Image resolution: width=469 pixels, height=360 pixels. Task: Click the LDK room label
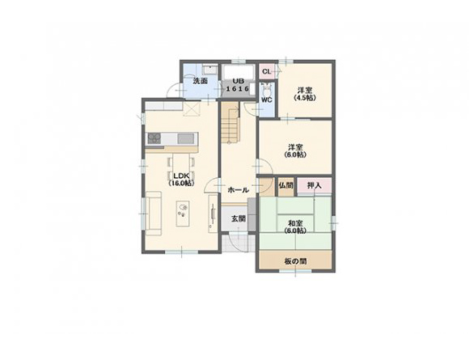tap(181, 179)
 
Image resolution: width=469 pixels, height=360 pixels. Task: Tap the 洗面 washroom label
tap(200, 81)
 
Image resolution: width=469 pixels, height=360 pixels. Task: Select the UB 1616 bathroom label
tap(238, 85)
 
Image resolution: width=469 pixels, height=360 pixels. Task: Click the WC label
tap(267, 100)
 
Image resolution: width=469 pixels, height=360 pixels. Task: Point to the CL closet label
tap(266, 71)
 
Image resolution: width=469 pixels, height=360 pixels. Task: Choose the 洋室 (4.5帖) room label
tap(305, 94)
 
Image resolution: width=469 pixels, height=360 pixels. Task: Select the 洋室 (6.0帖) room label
tap(295, 151)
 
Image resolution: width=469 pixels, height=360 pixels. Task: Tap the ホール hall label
tap(238, 190)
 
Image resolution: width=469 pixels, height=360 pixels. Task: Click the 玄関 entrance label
tap(239, 218)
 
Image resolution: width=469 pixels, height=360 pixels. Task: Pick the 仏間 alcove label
tap(286, 185)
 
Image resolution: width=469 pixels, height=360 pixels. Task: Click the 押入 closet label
tap(315, 185)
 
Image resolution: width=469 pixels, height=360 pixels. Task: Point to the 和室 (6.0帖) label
tap(295, 227)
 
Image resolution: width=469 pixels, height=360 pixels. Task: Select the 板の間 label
tap(295, 261)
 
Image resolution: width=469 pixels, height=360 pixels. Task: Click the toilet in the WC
tap(266, 89)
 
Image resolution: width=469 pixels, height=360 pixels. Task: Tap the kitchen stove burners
tap(154, 138)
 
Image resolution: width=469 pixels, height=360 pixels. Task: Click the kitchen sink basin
tap(186, 139)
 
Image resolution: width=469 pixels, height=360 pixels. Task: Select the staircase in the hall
tap(230, 122)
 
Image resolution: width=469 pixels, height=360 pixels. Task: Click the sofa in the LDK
tap(154, 214)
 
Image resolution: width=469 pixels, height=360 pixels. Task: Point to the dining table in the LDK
tap(181, 164)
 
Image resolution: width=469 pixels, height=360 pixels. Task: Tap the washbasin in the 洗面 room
tap(209, 70)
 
